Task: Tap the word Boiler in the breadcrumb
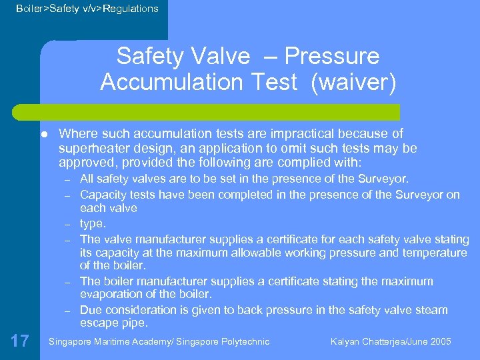tap(31, 9)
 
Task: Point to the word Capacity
tap(102, 194)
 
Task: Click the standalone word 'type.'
tap(93, 223)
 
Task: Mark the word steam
tap(431, 310)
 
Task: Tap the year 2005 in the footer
tap(440, 342)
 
